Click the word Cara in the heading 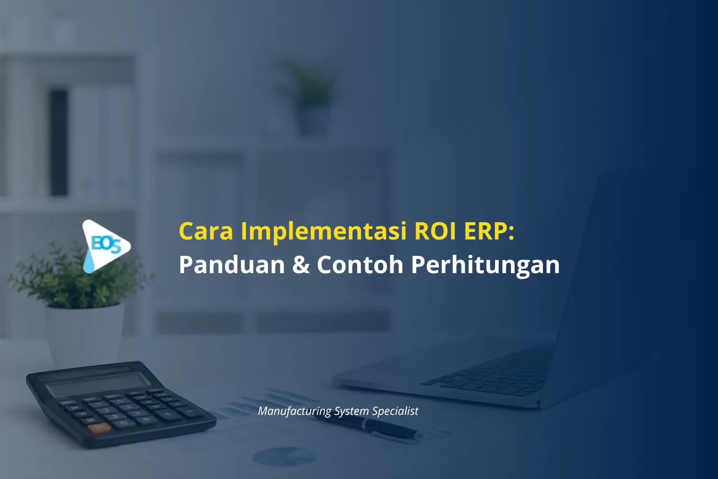[x=206, y=231]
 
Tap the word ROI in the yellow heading [x=435, y=231]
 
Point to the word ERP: [x=489, y=231]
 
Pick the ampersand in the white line [x=301, y=265]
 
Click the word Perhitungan [x=485, y=266]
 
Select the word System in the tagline [x=352, y=412]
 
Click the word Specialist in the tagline [x=395, y=412]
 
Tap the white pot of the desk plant [x=85, y=336]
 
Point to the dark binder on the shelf [x=59, y=143]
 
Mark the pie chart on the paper [x=285, y=456]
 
